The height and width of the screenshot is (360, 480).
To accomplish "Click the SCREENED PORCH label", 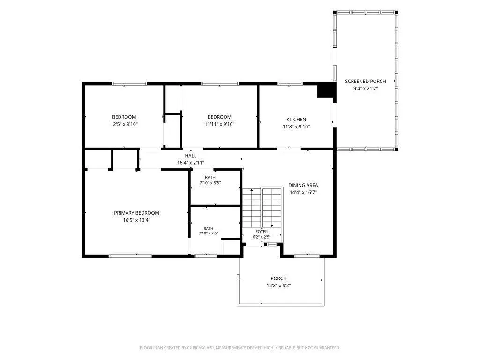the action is click(366, 81).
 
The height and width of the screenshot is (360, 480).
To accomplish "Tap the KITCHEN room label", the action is click(296, 120).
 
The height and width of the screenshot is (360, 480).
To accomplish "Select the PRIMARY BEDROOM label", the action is click(136, 213).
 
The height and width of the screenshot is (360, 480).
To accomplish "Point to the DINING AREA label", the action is click(303, 185).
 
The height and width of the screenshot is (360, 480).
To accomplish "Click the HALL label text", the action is click(190, 156).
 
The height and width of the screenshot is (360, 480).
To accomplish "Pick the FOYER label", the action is click(262, 232).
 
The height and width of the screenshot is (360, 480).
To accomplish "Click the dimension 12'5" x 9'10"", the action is click(124, 124).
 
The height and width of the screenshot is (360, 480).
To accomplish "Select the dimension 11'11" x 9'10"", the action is click(219, 124).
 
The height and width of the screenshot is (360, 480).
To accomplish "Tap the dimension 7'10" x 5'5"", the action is click(210, 183).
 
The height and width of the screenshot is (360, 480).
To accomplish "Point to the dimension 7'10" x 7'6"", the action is click(209, 233).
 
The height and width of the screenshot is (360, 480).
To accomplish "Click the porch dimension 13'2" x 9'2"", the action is click(278, 285).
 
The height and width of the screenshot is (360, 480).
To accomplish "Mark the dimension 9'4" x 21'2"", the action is click(366, 89).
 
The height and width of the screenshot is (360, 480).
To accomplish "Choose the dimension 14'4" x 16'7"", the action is click(303, 192).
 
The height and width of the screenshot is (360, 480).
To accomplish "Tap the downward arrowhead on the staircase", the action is click(271, 225).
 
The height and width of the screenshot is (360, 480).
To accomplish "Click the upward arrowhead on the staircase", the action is click(252, 190).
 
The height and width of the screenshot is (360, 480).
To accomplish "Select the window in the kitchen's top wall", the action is click(290, 83).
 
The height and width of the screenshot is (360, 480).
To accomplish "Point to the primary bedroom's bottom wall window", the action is click(130, 255).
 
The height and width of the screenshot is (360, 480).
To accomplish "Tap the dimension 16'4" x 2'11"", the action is click(190, 163).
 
